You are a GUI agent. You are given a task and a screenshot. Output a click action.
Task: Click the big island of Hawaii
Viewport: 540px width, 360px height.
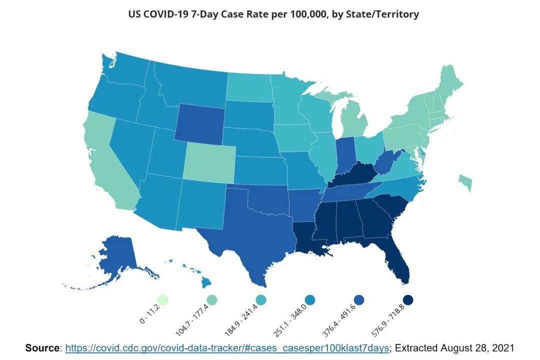(206, 282)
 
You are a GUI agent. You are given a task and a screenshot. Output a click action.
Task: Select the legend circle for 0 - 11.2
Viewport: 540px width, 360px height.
(162, 299)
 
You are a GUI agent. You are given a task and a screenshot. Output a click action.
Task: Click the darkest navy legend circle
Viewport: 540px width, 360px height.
(408, 300)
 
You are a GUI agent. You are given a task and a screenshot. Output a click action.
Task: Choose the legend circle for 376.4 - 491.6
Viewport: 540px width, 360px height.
(359, 300)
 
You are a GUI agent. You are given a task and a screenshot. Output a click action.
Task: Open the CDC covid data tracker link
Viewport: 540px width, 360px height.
(227, 348)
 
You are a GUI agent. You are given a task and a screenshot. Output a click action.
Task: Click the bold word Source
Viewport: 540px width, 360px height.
(42, 348)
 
